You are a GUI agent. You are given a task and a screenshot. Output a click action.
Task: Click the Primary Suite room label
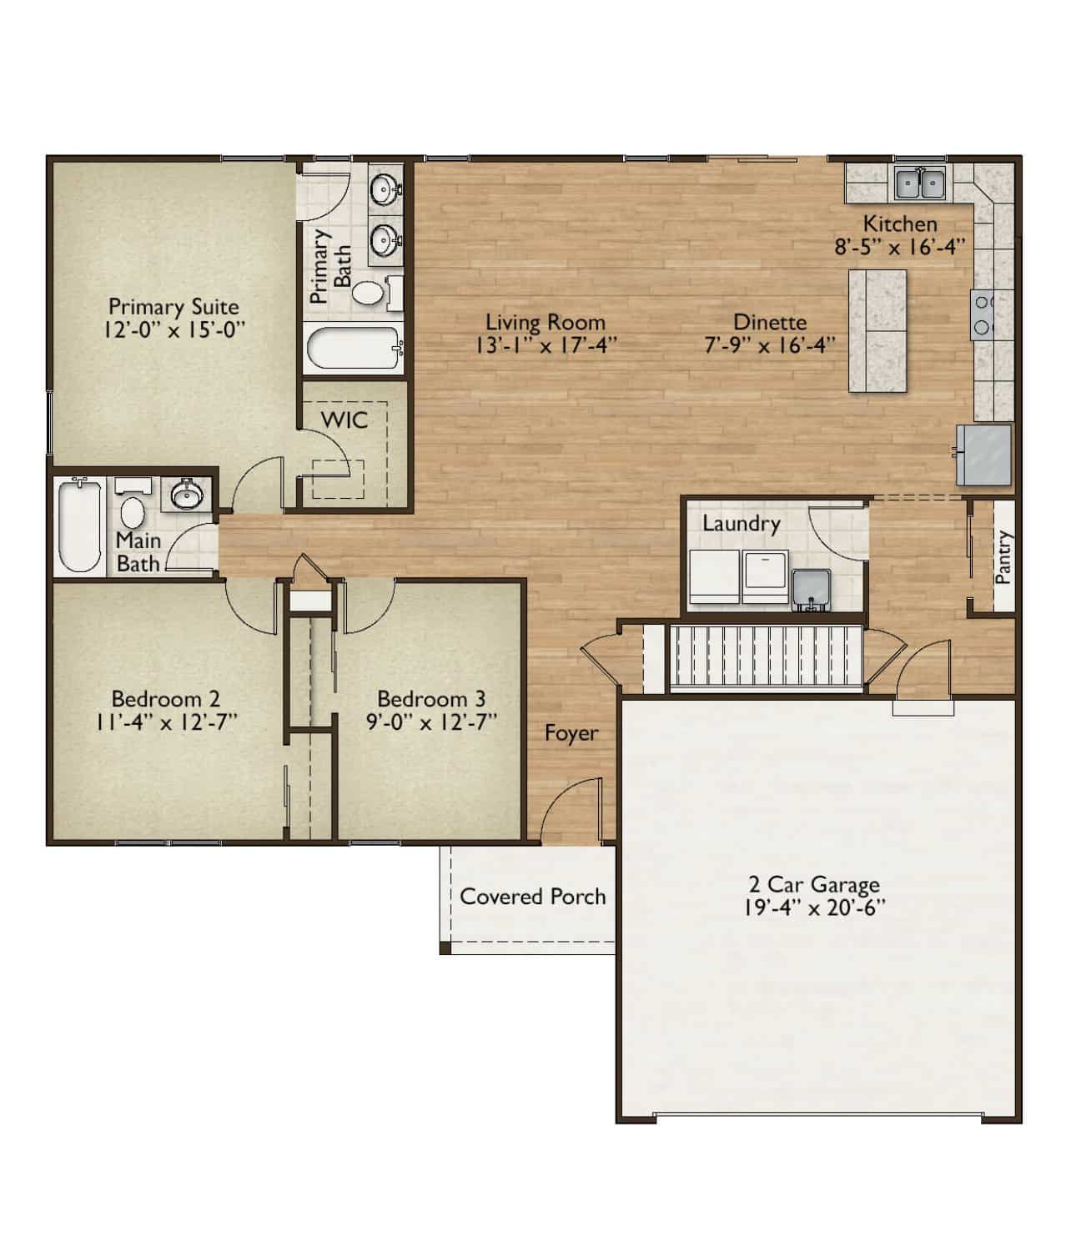pos(173,306)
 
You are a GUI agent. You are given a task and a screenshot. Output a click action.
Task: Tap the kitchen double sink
pos(920,184)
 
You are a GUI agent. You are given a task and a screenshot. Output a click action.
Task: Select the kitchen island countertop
pos(877,330)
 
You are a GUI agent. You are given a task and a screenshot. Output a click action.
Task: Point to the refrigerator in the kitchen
pos(983,455)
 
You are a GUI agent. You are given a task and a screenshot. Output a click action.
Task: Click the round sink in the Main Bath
pos(187,495)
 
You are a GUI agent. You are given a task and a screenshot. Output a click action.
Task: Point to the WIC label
pos(344,420)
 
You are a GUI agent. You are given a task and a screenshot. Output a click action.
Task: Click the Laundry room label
pos(741,524)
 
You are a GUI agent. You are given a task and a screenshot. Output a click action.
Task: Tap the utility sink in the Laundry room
pos(811,590)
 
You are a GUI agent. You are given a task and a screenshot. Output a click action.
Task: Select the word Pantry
pos(1003,557)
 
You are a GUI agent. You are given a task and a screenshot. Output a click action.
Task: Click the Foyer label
pos(571,733)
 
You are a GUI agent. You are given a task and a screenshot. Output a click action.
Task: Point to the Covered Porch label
pos(532,897)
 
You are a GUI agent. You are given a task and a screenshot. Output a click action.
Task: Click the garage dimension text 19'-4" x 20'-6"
pos(815,908)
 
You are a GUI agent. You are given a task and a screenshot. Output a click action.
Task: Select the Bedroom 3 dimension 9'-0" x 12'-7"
pos(431,722)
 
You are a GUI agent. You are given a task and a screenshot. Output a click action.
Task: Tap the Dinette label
pos(769,322)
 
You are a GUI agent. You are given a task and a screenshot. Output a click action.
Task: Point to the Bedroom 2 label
pos(165,699)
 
